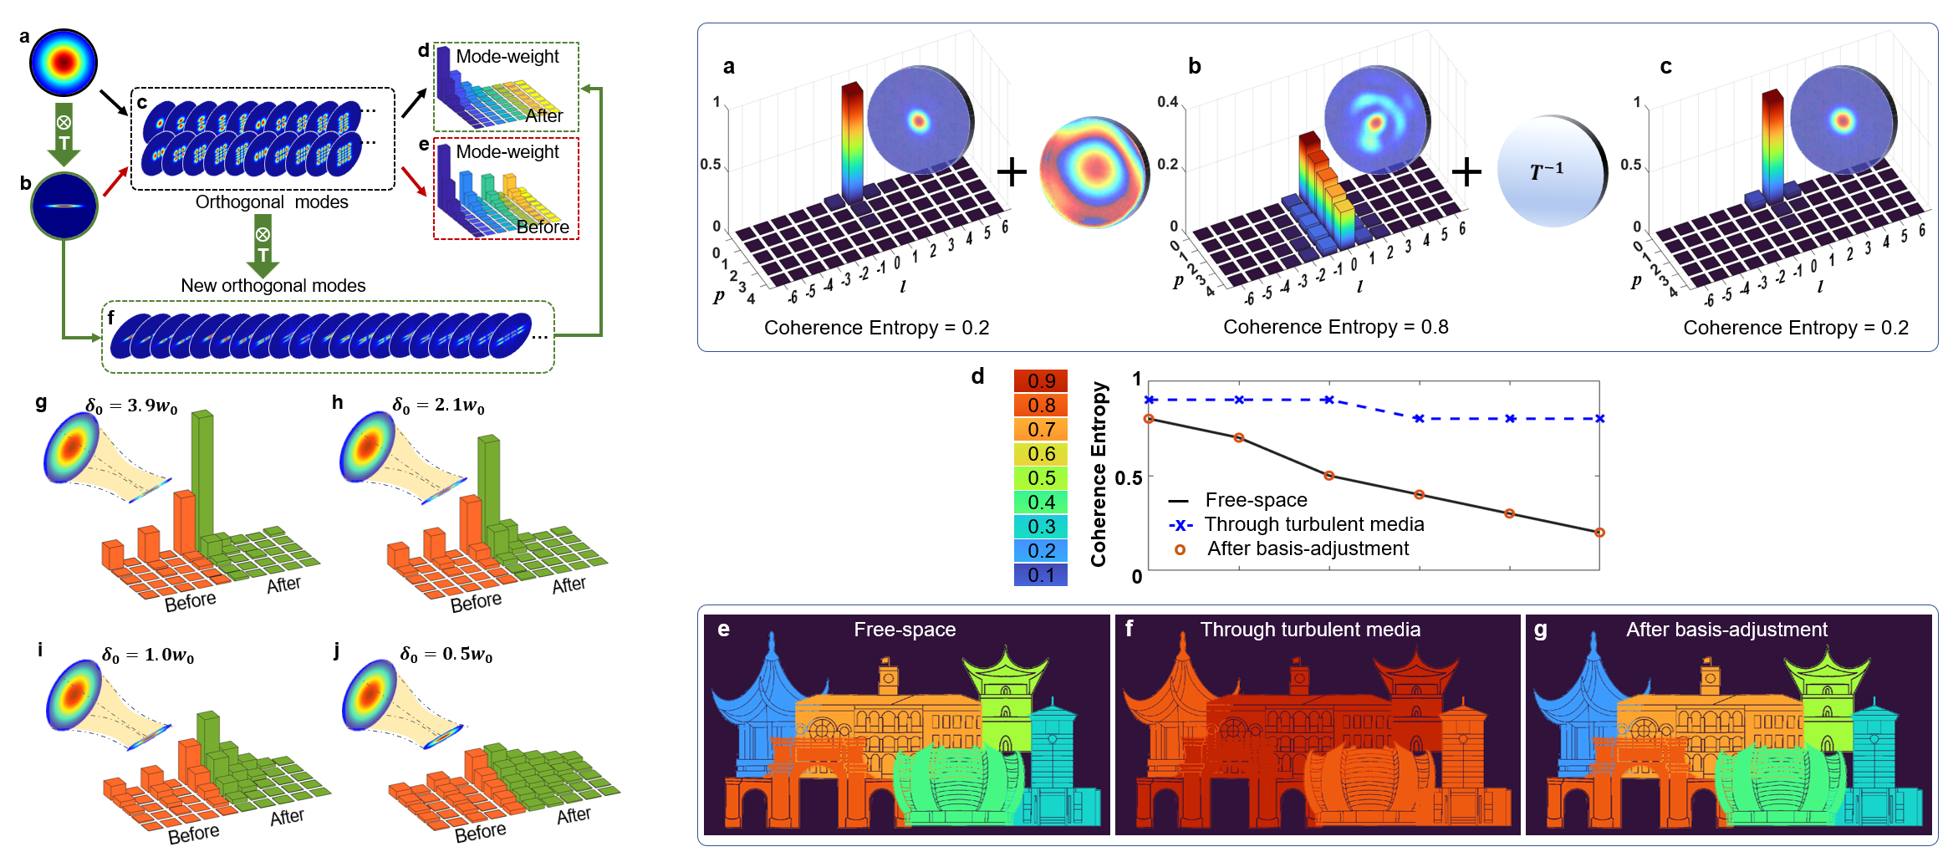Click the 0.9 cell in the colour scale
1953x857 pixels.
pos(1040,381)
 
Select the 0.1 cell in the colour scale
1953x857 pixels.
pos(1040,575)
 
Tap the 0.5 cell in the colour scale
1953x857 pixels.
pos(1040,478)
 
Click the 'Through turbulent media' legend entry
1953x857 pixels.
pos(1313,524)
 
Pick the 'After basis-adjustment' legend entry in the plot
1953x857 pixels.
pos(1307,548)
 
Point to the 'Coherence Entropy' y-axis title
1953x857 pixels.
pos(1099,474)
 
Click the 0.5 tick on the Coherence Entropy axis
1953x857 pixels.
pos(1128,478)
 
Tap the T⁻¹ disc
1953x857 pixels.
pos(1549,171)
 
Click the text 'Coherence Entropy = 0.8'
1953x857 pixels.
pos(1335,327)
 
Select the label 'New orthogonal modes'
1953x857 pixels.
pos(273,286)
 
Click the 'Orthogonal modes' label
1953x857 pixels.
pos(272,202)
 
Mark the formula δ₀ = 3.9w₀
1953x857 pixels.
pos(131,406)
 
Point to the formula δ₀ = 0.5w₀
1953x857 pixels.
pos(446,655)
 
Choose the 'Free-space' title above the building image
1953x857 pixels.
pos(905,630)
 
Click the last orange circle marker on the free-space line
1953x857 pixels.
pos(1599,533)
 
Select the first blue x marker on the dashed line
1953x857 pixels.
pos(1150,400)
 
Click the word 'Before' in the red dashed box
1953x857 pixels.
pos(543,227)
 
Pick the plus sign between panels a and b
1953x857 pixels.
pos(1012,172)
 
